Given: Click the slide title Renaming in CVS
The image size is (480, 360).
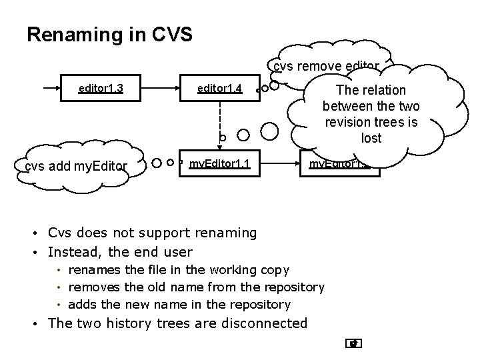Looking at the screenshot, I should [109, 34].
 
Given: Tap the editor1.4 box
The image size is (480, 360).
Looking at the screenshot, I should [219, 89].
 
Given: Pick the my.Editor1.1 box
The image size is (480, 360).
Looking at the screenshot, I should [219, 163].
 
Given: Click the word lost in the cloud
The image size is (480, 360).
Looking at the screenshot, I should [371, 137].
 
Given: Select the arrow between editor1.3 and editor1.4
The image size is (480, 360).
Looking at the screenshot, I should [160, 89].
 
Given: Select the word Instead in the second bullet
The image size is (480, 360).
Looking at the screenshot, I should [72, 251].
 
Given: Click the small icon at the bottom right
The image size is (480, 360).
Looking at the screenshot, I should [354, 344].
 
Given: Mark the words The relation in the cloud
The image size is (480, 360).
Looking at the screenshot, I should [371, 90].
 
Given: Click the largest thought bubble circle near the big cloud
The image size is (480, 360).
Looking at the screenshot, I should [270, 131].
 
